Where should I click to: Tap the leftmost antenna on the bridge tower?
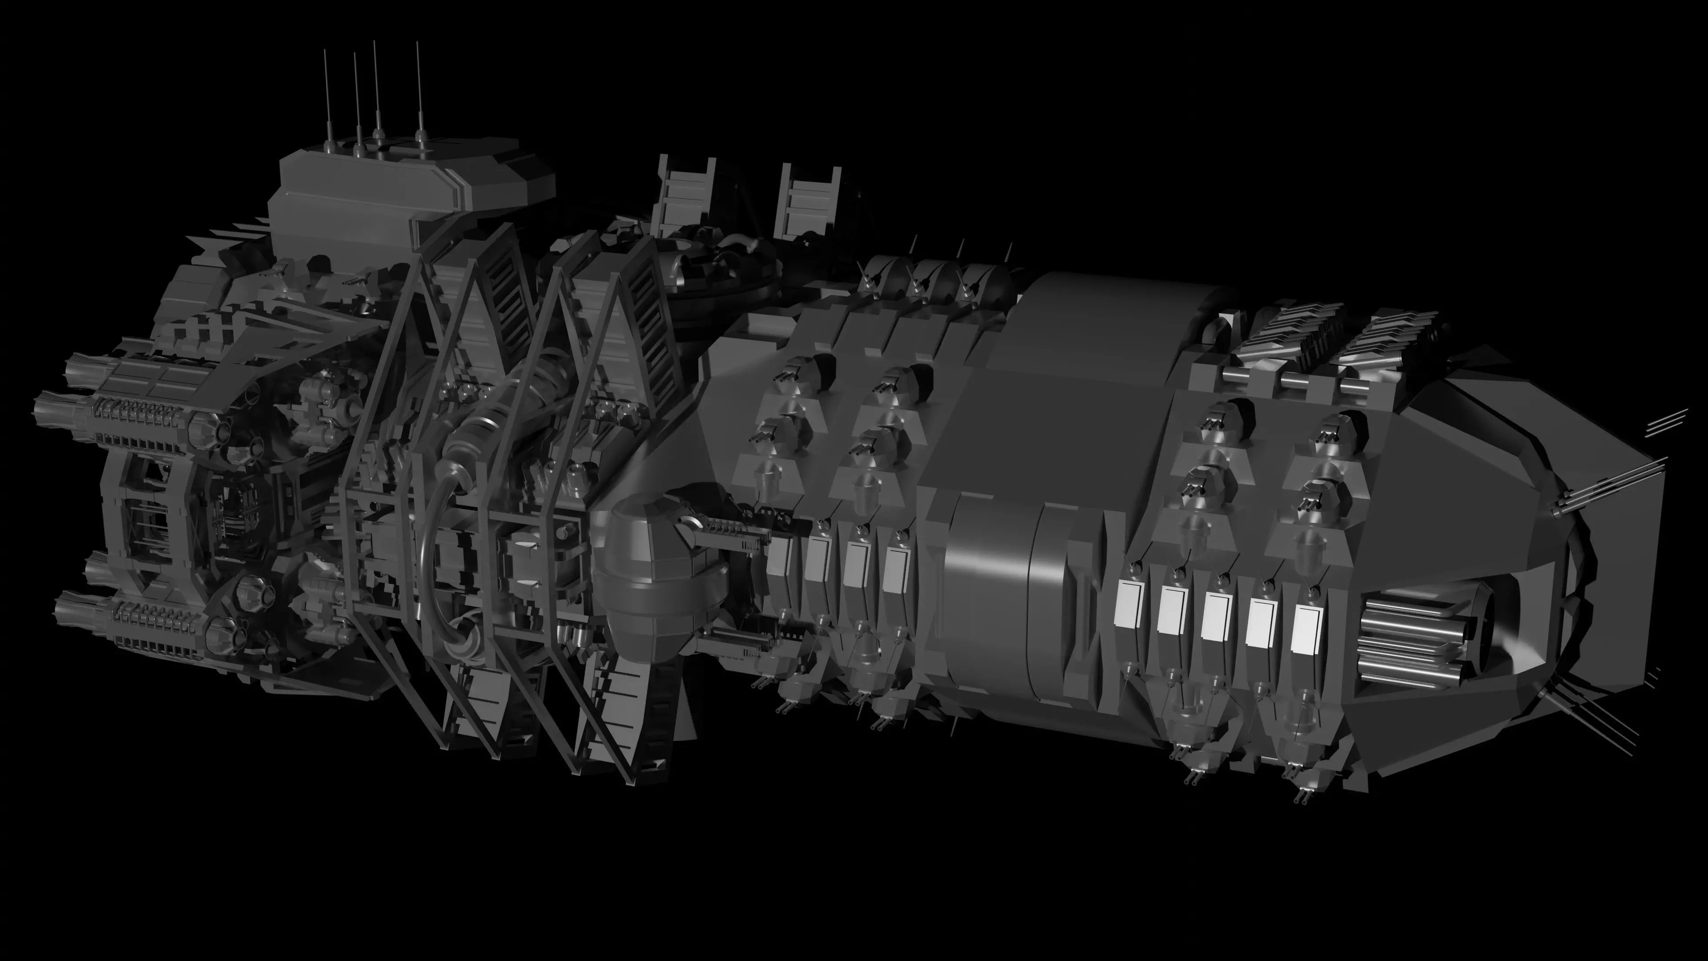(326, 93)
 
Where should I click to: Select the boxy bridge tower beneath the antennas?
(398, 186)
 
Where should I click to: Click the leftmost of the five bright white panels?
(1127, 604)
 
